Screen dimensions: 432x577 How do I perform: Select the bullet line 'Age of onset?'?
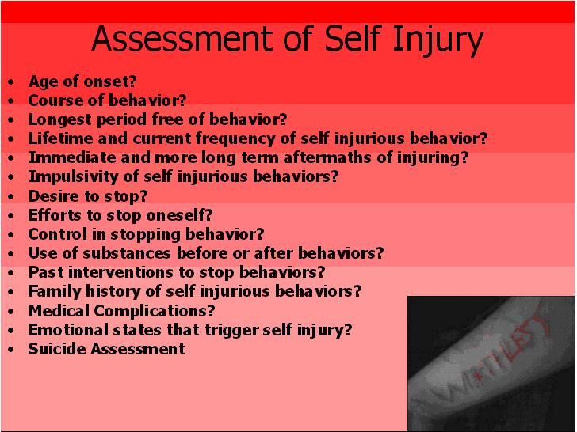tap(82, 81)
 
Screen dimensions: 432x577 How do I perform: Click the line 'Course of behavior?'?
tap(107, 100)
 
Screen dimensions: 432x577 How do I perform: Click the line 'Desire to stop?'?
tap(88, 195)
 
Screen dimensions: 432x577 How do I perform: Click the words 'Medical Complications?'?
tap(121, 310)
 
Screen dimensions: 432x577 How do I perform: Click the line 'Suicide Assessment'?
tap(106, 348)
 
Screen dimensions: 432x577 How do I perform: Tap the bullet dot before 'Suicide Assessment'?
tap(10, 349)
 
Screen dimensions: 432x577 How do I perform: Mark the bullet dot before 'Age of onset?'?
tap(10, 81)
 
